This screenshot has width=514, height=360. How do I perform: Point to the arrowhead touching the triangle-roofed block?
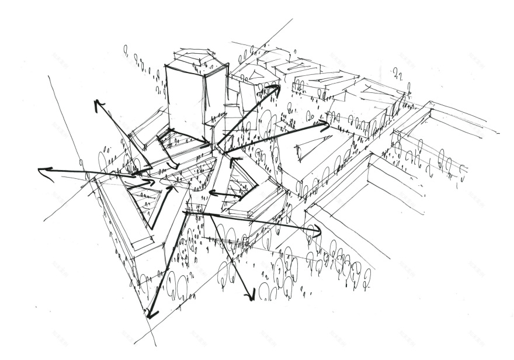pyautogui.click(x=325, y=124)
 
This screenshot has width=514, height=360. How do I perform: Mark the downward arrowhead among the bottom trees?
pyautogui.click(x=251, y=297)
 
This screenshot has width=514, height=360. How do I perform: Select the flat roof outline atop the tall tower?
pyautogui.click(x=195, y=58)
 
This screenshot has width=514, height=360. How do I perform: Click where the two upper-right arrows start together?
pyautogui.click(x=221, y=150)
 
